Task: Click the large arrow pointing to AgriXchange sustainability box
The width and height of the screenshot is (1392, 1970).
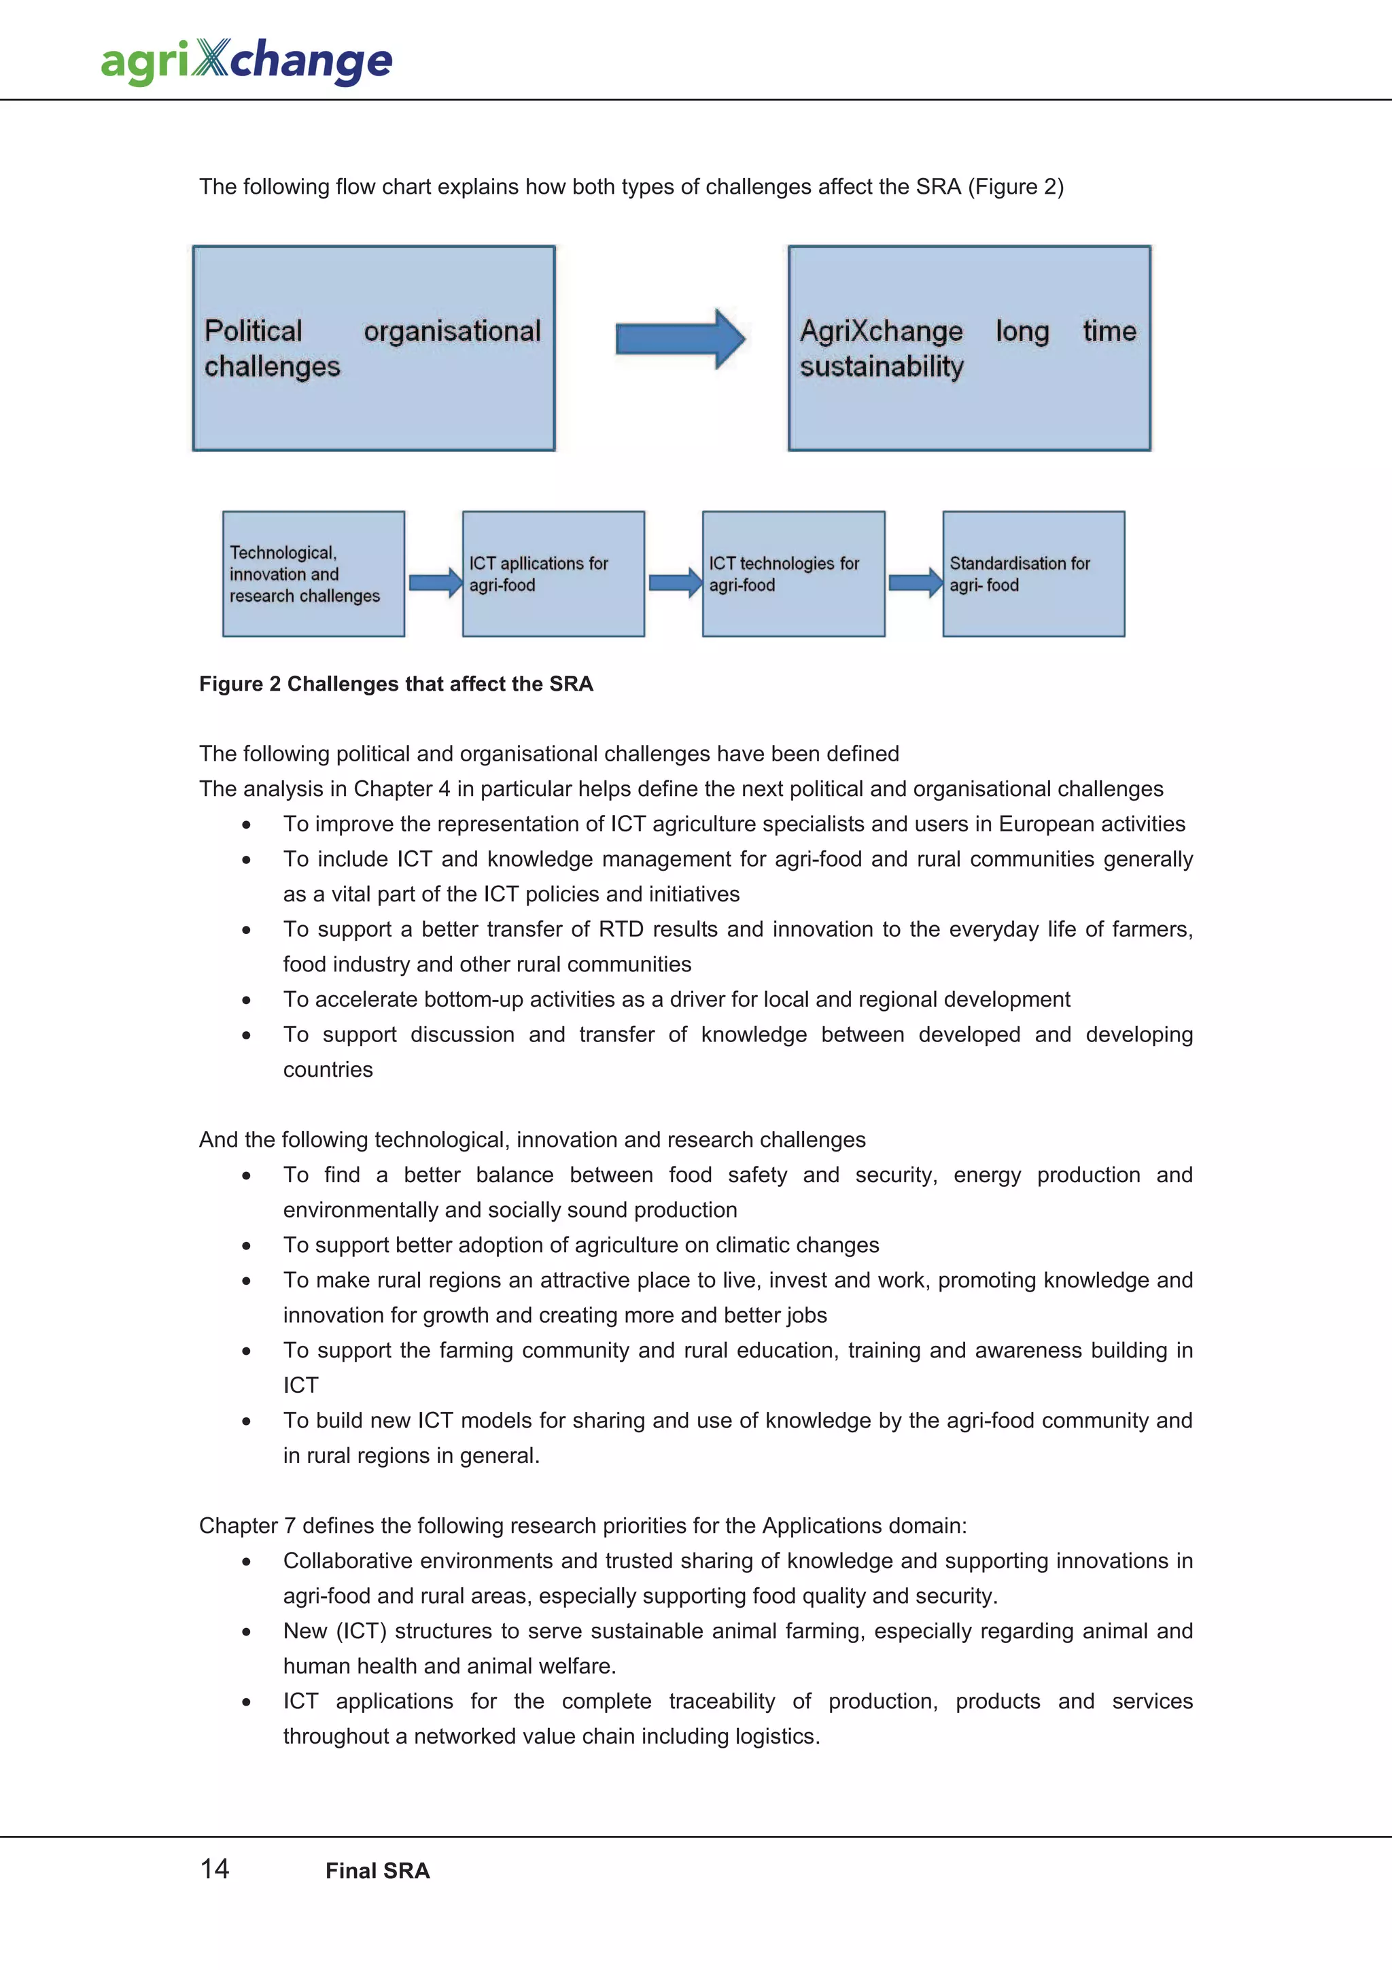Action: [680, 340]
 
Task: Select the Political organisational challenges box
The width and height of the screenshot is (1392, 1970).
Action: [374, 348]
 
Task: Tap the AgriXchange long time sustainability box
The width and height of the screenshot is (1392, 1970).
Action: [969, 348]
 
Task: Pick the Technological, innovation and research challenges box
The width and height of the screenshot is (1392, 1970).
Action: [313, 574]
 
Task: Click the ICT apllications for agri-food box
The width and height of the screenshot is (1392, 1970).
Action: [553, 574]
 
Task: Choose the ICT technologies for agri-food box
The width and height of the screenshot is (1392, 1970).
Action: [793, 574]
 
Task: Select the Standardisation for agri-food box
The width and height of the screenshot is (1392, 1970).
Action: [1034, 574]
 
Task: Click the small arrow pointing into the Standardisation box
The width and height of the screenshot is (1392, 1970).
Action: [915, 583]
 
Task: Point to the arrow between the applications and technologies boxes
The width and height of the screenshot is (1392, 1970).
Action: [675, 583]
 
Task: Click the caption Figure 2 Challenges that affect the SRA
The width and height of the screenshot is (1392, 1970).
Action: [396, 684]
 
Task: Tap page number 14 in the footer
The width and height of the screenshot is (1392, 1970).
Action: [214, 1869]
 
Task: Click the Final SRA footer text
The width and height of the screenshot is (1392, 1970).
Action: [377, 1871]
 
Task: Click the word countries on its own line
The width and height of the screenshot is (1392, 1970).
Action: [328, 1070]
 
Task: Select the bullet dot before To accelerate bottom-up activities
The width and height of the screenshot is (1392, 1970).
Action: [246, 1001]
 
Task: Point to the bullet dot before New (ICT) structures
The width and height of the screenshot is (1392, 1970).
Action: [246, 1632]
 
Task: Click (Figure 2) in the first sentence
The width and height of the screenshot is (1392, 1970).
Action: [1015, 187]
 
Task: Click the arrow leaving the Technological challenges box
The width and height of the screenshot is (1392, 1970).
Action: [435, 583]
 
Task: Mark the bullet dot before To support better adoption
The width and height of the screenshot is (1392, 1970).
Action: [246, 1246]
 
